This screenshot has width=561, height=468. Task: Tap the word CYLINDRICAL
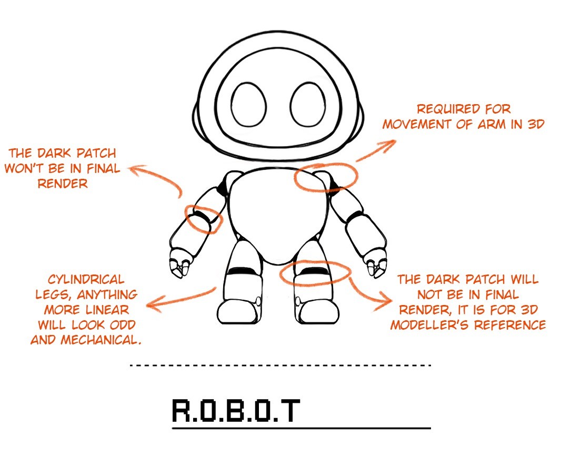click(86, 279)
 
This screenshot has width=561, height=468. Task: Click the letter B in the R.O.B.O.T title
click(236, 411)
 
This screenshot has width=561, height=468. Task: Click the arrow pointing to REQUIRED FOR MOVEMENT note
click(376, 149)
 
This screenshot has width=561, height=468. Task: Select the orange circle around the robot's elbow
click(204, 219)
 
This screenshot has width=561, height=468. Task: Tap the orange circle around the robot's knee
click(315, 273)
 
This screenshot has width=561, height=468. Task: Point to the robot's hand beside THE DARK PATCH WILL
click(377, 263)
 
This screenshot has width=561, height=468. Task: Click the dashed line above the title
click(280, 365)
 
